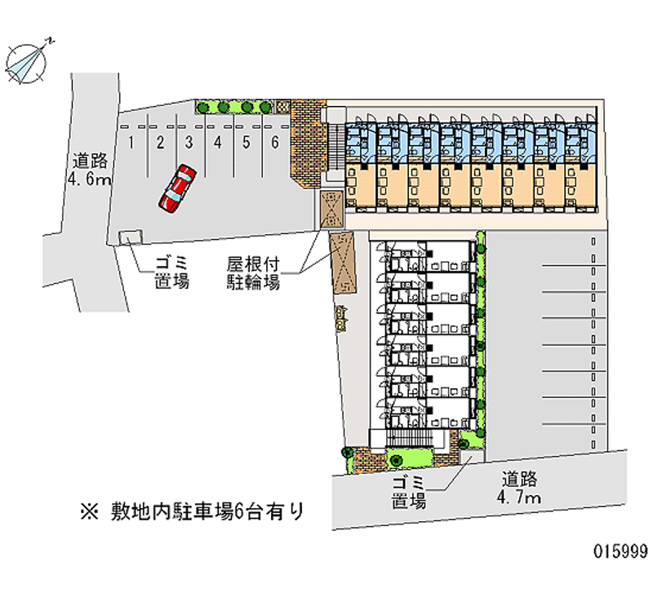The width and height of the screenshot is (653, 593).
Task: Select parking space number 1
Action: tap(131, 142)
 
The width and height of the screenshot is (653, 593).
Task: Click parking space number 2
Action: tap(161, 142)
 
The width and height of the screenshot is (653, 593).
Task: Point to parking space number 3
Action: tap(189, 142)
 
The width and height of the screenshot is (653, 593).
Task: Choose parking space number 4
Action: tap(218, 142)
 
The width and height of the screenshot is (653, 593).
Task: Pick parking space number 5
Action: tap(247, 142)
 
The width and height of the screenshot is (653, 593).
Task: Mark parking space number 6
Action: tap(276, 142)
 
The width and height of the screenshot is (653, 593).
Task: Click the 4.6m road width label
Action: tap(91, 170)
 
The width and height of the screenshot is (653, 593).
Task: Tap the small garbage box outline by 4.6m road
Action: tap(129, 237)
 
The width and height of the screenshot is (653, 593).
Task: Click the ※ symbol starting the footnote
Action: tap(89, 512)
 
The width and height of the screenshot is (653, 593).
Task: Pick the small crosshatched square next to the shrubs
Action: tap(282, 105)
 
